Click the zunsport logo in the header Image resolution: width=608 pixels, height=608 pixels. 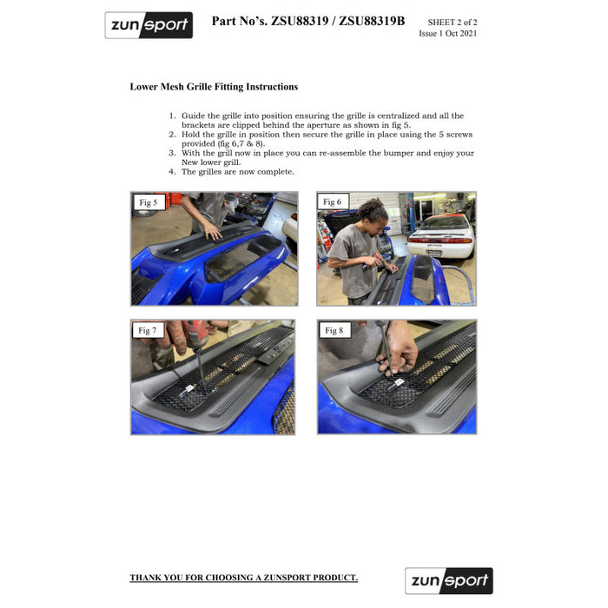click(x=149, y=25)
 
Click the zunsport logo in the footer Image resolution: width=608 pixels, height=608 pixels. click(x=449, y=581)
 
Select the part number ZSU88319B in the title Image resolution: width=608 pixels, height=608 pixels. click(x=372, y=21)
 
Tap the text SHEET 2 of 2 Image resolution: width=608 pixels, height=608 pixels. click(x=453, y=22)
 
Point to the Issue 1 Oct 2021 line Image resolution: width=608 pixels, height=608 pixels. click(x=448, y=33)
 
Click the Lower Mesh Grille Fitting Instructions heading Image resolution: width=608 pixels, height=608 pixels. click(x=214, y=87)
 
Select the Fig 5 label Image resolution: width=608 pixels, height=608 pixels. click(x=149, y=202)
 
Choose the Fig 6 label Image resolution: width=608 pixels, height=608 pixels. click(x=333, y=202)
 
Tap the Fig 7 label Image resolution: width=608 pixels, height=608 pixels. click(x=148, y=330)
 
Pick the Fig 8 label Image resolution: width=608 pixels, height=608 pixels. click(x=334, y=330)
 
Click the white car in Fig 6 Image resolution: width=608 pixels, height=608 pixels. click(x=441, y=236)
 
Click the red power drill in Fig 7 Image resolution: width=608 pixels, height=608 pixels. click(x=195, y=334)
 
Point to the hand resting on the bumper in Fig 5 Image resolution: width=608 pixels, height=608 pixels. click(x=212, y=231)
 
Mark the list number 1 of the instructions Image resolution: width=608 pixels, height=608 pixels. click(x=172, y=116)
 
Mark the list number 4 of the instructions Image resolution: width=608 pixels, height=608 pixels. click(x=172, y=172)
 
